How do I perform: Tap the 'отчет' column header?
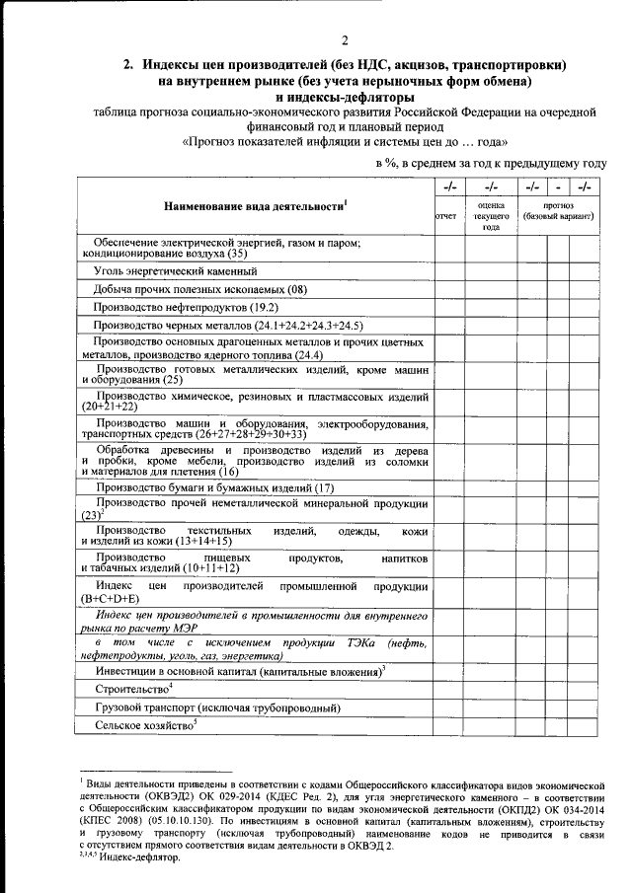point(445,215)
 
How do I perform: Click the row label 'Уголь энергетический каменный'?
point(176,269)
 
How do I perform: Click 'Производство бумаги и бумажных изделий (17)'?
point(214,487)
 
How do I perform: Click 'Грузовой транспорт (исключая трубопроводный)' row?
point(217,707)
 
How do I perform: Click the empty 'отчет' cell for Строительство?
point(445,689)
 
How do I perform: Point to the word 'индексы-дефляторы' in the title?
point(345,97)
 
